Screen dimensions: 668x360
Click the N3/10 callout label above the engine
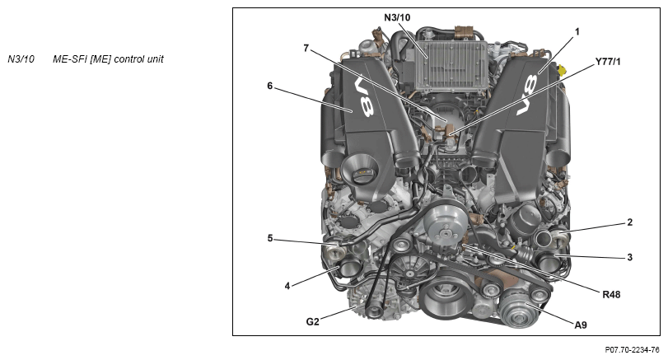coord(397,17)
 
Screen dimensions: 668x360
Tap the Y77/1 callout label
coord(608,62)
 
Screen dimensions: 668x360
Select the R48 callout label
coord(611,294)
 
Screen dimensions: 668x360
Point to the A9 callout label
coord(581,325)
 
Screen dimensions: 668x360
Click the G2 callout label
coord(312,321)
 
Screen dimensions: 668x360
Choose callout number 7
coord(306,48)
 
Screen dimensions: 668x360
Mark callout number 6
coord(269,86)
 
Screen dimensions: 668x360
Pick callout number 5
coord(270,238)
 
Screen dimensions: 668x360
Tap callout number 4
coord(287,286)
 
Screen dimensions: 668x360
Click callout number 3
coord(629,257)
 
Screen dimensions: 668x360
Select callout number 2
coord(629,222)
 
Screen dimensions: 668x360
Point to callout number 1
coord(577,31)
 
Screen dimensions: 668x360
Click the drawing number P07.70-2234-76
coord(633,350)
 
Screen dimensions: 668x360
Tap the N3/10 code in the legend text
coord(21,59)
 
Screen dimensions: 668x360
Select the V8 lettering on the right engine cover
coord(527,95)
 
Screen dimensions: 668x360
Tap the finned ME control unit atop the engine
coord(451,65)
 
